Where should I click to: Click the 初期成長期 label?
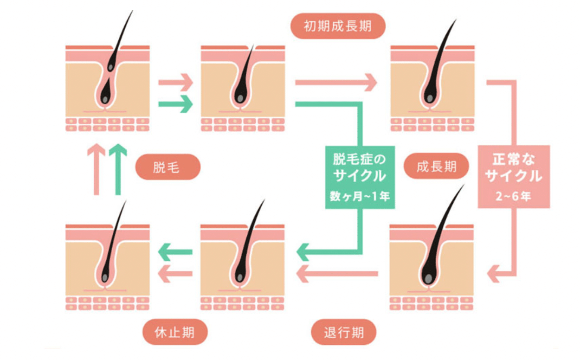click(338, 26)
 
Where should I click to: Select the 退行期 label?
click(343, 333)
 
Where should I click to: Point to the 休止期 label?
click(174, 333)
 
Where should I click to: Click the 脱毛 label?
click(168, 167)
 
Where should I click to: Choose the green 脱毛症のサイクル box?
click(360, 177)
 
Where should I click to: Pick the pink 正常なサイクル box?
click(514, 176)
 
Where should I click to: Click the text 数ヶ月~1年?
click(360, 197)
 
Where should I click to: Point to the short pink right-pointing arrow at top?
click(175, 83)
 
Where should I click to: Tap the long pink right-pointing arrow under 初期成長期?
click(336, 83)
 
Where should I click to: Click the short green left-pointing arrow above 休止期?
click(175, 252)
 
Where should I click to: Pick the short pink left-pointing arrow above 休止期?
click(175, 273)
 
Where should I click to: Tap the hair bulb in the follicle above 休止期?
click(106, 277)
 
